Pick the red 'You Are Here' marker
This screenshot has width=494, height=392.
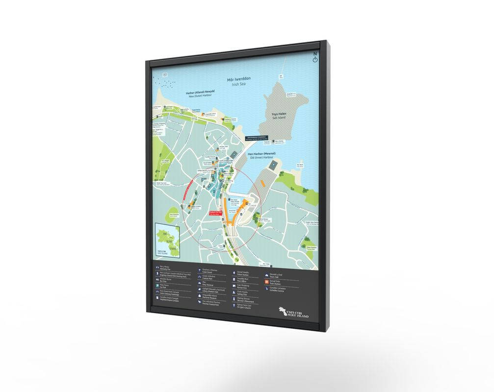click(215, 213)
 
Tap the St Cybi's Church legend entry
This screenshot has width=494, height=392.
click(242, 305)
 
